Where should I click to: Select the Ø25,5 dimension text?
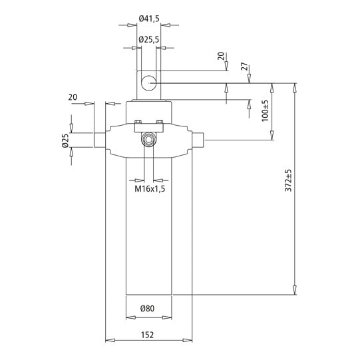[148, 40]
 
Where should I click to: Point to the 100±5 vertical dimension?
[265, 110]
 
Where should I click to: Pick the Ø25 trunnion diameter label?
[65, 141]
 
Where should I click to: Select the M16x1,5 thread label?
[150, 190]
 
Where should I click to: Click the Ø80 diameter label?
[148, 308]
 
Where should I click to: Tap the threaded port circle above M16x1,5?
[149, 140]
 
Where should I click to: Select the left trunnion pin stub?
[98, 140]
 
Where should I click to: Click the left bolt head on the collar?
[138, 122]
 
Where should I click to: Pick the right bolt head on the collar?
[159, 122]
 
